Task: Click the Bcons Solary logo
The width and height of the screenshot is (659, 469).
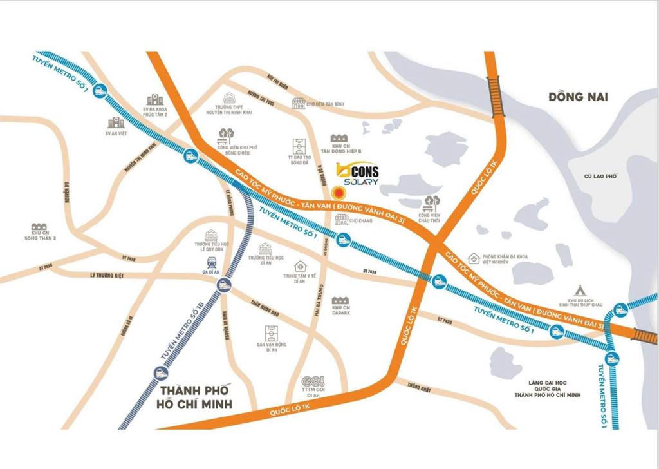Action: [358, 175]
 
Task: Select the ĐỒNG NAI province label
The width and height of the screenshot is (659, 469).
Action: [578, 97]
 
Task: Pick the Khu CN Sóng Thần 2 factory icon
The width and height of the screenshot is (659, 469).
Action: [39, 227]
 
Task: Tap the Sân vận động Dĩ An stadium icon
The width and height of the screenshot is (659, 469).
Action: [271, 333]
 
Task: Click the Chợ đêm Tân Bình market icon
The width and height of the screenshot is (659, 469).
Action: [298, 102]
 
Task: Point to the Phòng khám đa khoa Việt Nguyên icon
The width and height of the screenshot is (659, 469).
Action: [474, 258]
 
